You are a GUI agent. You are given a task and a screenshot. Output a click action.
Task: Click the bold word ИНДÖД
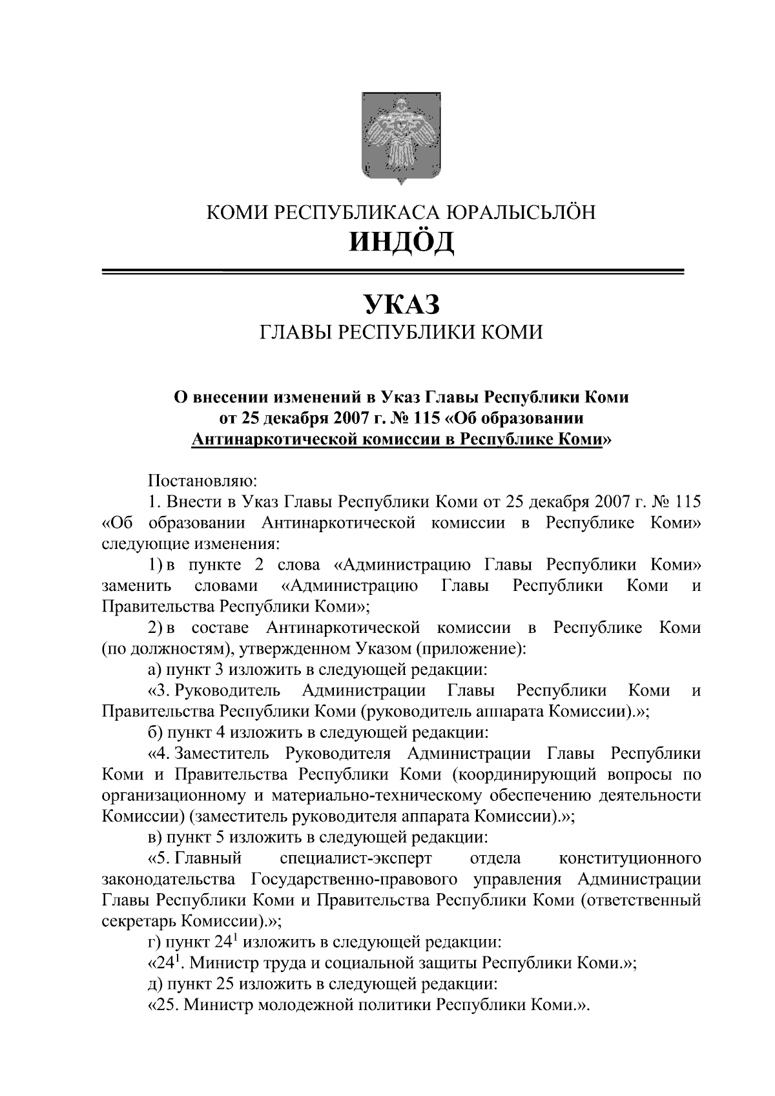401,242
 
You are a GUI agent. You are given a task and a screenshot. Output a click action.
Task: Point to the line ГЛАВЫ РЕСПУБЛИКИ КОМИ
401,333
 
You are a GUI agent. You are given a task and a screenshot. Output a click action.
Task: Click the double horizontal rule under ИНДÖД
393,272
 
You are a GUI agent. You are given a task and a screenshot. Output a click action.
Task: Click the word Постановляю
203,481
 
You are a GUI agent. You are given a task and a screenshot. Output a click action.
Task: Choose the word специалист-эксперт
356,858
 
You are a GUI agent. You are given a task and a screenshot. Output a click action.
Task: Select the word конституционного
630,858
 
